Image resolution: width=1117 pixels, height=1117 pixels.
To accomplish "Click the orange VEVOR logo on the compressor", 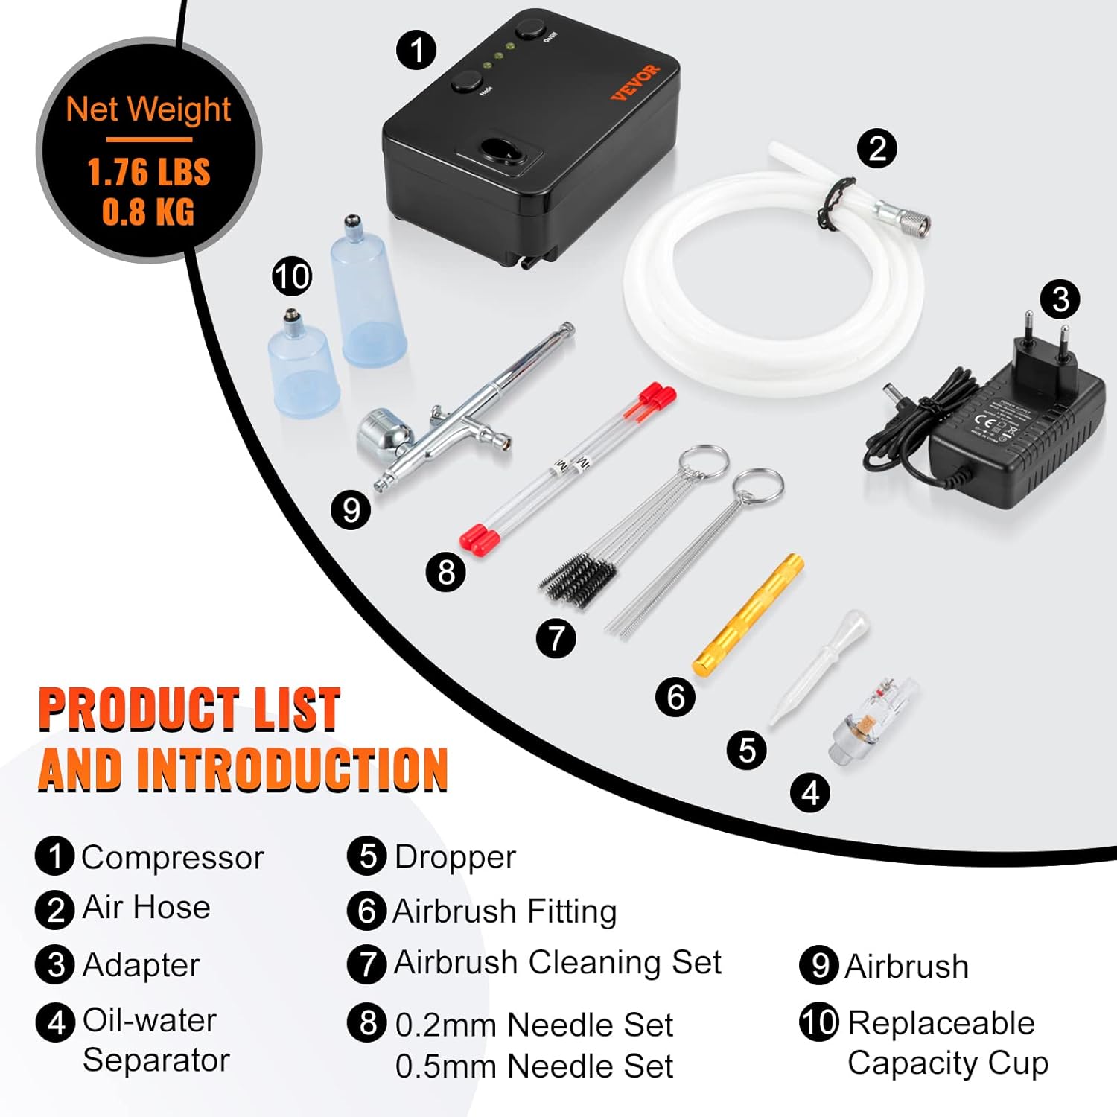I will point(635,81).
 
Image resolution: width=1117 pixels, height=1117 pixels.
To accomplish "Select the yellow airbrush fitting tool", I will point(748,615).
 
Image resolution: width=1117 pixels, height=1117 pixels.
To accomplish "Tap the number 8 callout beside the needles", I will point(445,572).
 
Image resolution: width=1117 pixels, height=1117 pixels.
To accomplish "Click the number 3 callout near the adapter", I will point(1060,299).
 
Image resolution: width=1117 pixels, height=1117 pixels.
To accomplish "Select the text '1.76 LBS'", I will point(149,173).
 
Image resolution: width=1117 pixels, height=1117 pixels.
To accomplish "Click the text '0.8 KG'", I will point(148,211).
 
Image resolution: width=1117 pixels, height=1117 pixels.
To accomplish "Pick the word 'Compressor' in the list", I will point(172,858).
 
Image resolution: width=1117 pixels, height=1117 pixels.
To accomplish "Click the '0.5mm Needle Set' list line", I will point(533,1066).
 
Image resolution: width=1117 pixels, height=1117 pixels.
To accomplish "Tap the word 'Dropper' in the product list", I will point(454,857).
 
